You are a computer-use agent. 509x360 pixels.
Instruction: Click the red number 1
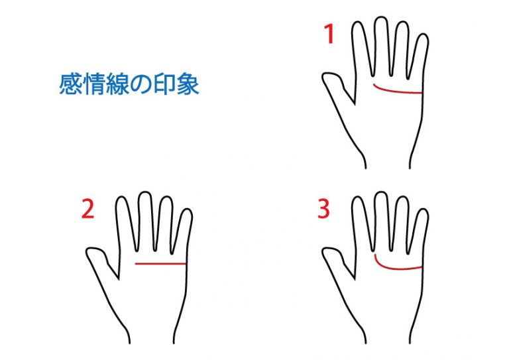(x=330, y=34)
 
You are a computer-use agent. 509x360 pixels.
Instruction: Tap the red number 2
(x=87, y=209)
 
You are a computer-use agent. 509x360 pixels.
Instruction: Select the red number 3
(x=323, y=209)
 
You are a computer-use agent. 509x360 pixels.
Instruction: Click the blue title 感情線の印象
(x=129, y=84)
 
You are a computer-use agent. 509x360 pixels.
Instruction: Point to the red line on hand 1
(x=397, y=91)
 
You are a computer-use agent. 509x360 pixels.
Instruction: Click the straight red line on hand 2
(x=160, y=264)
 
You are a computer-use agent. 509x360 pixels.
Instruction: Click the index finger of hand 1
(x=361, y=48)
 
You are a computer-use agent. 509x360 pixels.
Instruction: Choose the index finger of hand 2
(x=125, y=224)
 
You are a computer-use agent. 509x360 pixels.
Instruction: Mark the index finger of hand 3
(x=361, y=224)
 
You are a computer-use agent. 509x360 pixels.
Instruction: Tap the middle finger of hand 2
(x=145, y=221)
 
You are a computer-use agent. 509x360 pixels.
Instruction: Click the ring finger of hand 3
(x=402, y=224)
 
